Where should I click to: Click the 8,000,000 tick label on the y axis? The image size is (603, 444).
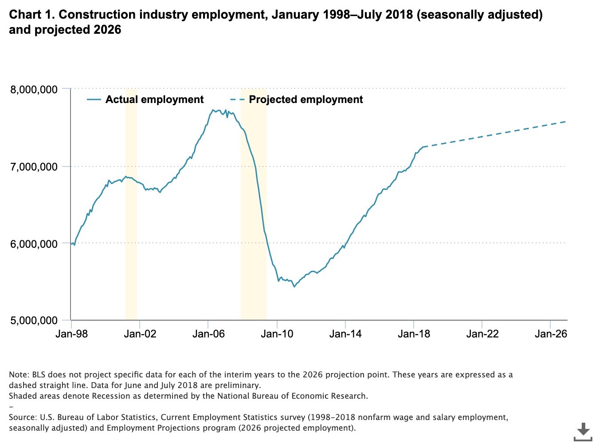pyautogui.click(x=34, y=90)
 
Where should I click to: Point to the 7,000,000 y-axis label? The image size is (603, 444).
pyautogui.click(x=34, y=167)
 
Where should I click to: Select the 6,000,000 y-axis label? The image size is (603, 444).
pyautogui.click(x=34, y=244)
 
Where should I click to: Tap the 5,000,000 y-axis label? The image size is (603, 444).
pyautogui.click(x=34, y=321)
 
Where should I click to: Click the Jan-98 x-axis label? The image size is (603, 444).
pyautogui.click(x=71, y=334)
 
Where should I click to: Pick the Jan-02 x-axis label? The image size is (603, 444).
pyautogui.click(x=140, y=334)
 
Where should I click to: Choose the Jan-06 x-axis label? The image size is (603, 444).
pyautogui.click(x=208, y=334)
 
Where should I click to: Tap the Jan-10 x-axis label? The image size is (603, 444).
pyautogui.click(x=277, y=334)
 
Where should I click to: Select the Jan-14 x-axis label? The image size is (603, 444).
pyautogui.click(x=345, y=334)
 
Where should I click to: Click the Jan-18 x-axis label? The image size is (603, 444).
pyautogui.click(x=414, y=334)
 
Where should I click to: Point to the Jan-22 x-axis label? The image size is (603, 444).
pyautogui.click(x=482, y=334)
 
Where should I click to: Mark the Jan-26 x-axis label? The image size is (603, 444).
pyautogui.click(x=551, y=334)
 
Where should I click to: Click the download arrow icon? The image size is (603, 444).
pyautogui.click(x=583, y=431)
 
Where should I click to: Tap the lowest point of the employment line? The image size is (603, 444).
pyautogui.click(x=294, y=286)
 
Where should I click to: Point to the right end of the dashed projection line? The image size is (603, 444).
pyautogui.click(x=566, y=122)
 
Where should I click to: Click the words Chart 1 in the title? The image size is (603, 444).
pyautogui.click(x=31, y=15)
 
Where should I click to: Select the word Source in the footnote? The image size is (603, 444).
pyautogui.click(x=22, y=417)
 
